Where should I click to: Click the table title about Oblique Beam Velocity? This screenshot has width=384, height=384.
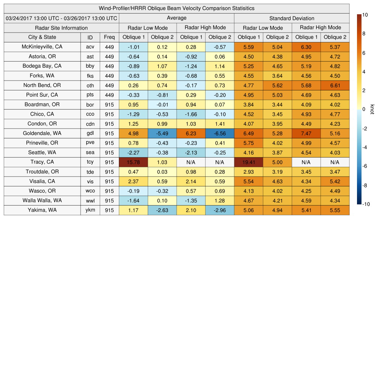(177, 8)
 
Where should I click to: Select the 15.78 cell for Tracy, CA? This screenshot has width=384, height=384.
(133, 162)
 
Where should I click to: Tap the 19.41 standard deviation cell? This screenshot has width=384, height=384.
(248, 162)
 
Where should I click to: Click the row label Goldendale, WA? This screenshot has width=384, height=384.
(42, 133)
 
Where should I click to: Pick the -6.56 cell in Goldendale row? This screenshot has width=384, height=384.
(220, 133)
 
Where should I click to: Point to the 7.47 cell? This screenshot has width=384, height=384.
(306, 133)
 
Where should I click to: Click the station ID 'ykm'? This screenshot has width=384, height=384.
(90, 210)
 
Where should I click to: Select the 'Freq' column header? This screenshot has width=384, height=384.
(109, 37)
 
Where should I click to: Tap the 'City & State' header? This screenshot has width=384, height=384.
(42, 37)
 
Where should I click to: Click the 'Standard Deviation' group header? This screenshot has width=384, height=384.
(292, 18)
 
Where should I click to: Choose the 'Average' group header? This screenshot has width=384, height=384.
(176, 18)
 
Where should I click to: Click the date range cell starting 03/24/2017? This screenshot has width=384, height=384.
(61, 18)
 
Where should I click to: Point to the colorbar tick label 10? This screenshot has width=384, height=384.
(365, 15)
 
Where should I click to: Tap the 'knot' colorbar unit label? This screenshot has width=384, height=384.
(372, 109)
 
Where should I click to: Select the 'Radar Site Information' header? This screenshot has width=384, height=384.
(61, 28)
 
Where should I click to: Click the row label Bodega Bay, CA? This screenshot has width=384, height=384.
(42, 66)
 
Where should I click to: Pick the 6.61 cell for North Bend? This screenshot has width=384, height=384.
(335, 85)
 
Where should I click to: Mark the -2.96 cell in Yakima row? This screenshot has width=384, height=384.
(220, 210)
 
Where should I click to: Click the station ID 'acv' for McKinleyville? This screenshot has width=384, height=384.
(90, 47)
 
